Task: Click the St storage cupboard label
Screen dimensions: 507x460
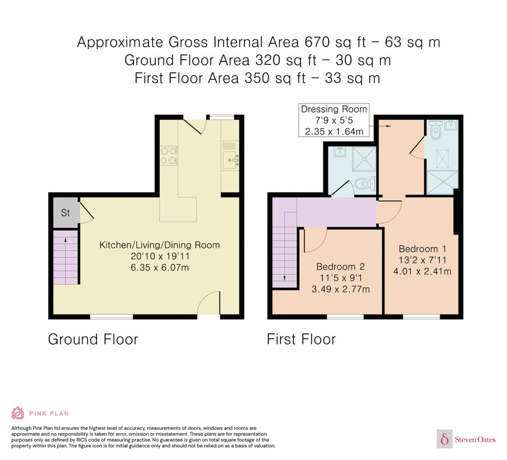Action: click(x=65, y=213)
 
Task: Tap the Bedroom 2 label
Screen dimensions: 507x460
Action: click(x=340, y=267)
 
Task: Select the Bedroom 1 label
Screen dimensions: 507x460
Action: click(x=422, y=249)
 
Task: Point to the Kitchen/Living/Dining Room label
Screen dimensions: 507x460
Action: click(x=159, y=245)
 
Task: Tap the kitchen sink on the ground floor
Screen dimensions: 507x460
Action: click(x=230, y=160)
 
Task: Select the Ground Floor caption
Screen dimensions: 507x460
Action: click(x=93, y=339)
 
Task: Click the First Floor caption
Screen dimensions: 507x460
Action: click(x=301, y=339)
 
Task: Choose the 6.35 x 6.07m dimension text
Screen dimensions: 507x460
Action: click(x=159, y=268)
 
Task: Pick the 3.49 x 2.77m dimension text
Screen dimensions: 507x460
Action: click(x=340, y=289)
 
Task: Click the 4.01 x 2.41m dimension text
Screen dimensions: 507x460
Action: click(x=422, y=271)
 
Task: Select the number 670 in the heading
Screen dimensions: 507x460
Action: click(x=317, y=42)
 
